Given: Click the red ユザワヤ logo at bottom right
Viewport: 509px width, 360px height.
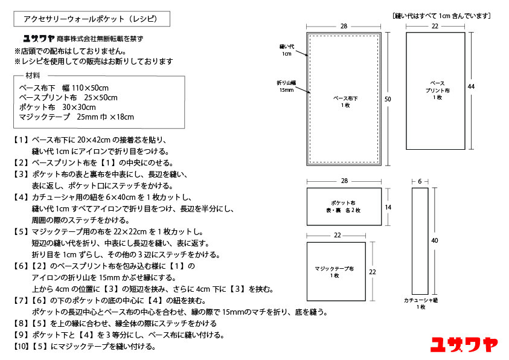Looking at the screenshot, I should point(464,344).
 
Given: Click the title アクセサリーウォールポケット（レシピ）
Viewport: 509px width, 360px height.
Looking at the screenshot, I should point(91,19).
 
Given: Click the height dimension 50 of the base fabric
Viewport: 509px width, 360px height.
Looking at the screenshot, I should point(388,98).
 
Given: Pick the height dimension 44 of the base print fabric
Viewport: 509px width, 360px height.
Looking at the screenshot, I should point(471,87).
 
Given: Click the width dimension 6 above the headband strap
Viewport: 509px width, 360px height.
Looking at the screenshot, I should point(420,181).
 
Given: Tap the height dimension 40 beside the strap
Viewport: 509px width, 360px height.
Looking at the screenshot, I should point(434,240).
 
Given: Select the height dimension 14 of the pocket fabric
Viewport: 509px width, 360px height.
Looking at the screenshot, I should point(388,207).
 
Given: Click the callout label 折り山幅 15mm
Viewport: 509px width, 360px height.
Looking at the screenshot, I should point(286,86).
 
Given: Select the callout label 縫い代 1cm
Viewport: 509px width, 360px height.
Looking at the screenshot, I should point(286,50).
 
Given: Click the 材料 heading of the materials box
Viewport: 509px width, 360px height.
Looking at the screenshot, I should point(33,76).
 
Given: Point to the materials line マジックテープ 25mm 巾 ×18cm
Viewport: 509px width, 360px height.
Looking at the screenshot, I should point(77,117).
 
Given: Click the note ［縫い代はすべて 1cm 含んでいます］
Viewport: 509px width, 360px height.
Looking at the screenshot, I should point(441,15).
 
